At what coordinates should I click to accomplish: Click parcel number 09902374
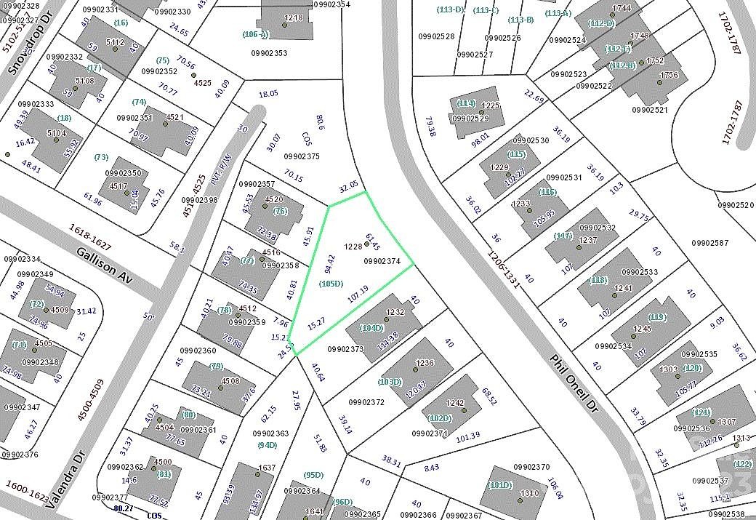coord(383,260)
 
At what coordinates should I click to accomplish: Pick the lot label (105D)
coord(331,284)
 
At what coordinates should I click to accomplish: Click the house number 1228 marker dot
coord(366,244)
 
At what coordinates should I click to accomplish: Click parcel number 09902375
coord(301,156)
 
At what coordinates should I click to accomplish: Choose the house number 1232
coord(395,312)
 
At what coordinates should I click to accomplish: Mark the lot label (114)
coord(466,103)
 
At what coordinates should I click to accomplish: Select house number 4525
coord(203,83)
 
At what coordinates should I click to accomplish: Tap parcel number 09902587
coord(711,242)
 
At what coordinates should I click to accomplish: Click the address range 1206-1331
coord(505,265)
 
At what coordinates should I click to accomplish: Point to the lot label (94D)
coord(267,445)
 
